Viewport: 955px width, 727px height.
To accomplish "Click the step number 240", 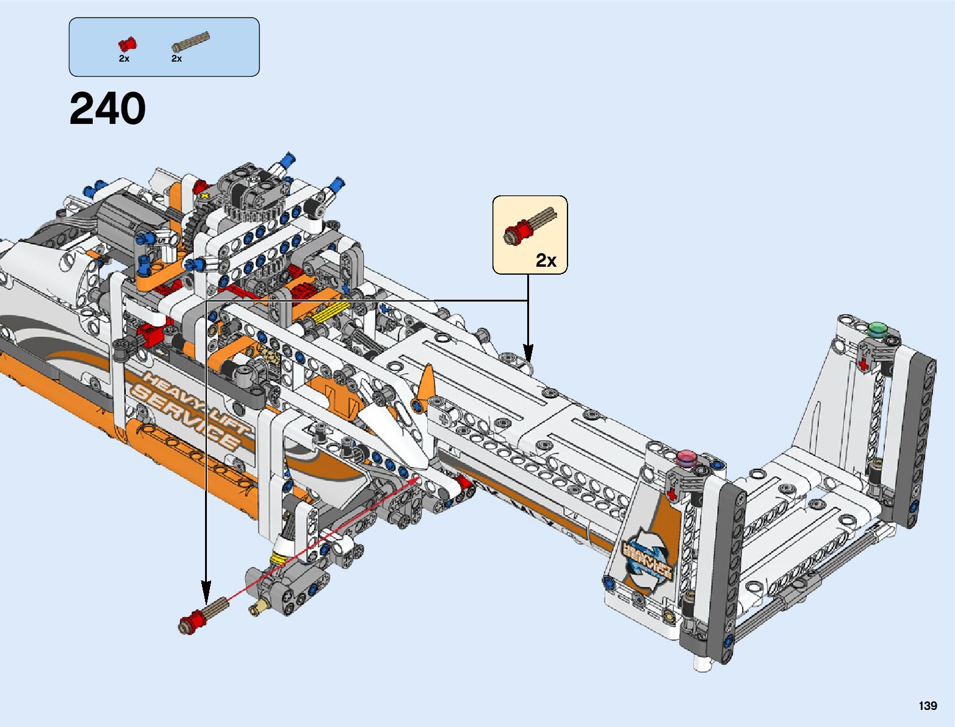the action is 107,109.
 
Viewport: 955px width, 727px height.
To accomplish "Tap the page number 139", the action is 928,705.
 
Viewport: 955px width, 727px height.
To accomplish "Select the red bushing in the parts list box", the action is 127,45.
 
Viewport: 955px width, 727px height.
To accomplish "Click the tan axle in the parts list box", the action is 190,42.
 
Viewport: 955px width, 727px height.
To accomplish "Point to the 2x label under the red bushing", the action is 124,59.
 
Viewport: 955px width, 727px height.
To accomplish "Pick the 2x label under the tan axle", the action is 176,59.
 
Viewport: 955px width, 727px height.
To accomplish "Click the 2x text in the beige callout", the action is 546,260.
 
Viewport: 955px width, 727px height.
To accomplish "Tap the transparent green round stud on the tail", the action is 878,329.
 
